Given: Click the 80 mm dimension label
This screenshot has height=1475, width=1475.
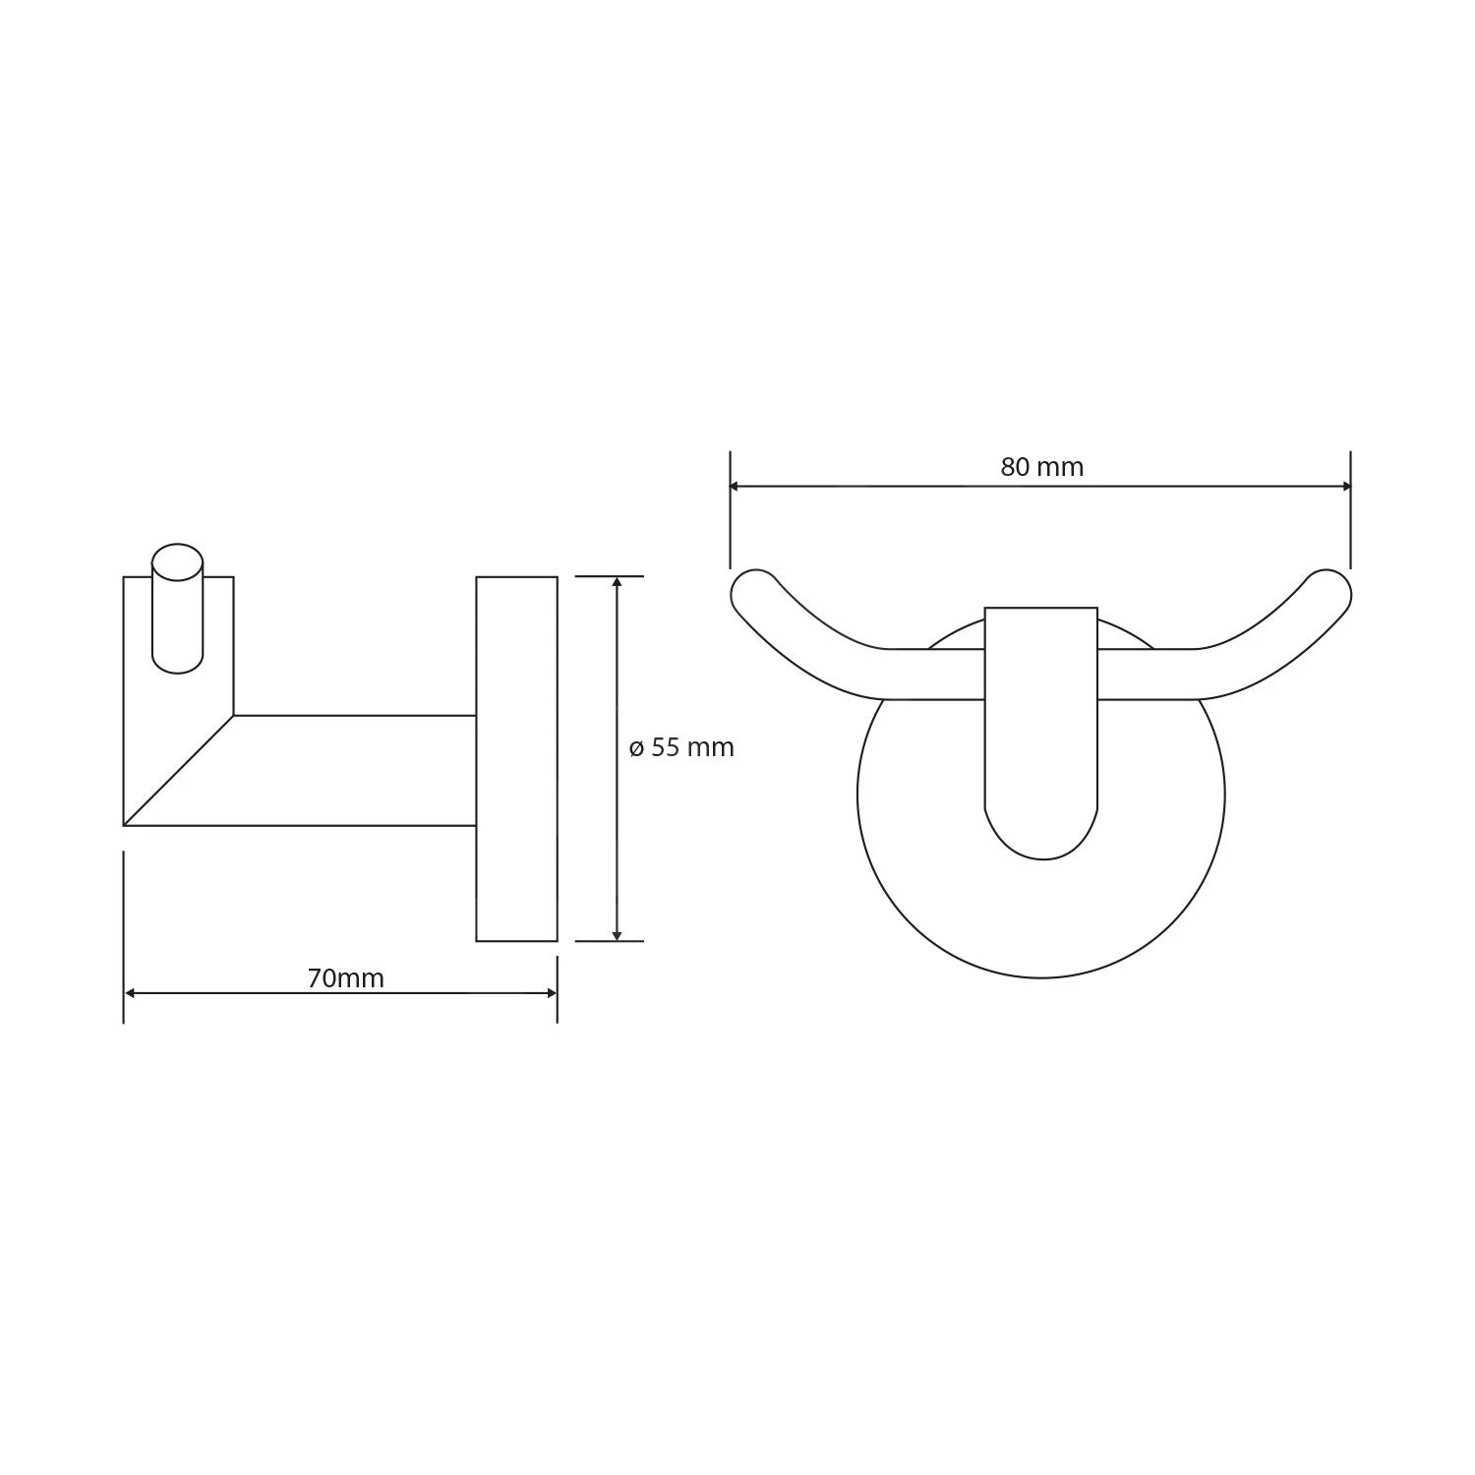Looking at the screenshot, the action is [1041, 467].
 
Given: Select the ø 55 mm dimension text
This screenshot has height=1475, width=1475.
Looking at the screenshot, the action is [681, 747].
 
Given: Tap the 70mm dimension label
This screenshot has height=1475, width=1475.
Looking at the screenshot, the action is [345, 978].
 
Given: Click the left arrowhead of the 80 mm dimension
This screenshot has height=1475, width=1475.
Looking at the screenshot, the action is [735, 486].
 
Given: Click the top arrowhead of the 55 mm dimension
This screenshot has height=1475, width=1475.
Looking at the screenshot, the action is [617, 582].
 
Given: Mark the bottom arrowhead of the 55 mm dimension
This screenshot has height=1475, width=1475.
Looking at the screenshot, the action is [617, 935].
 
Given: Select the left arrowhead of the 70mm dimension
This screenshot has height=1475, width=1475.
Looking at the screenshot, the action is [130, 993].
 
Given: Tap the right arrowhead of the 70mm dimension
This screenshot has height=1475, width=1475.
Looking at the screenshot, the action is [552, 993].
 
